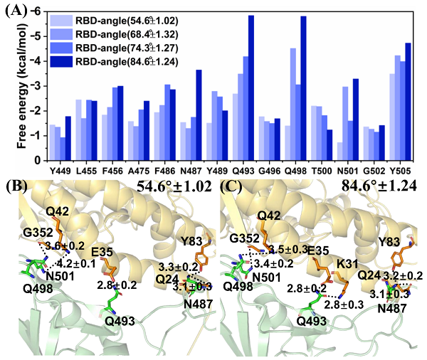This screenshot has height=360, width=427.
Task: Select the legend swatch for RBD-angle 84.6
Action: [61, 63]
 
